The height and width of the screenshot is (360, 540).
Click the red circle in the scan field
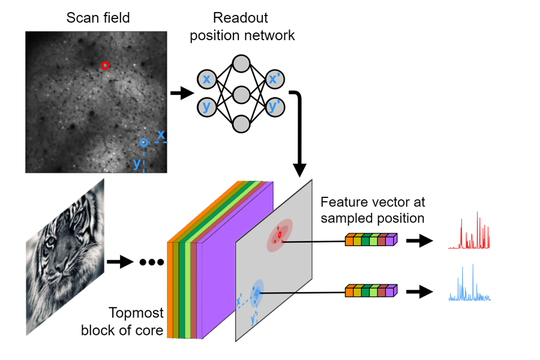coord(105,65)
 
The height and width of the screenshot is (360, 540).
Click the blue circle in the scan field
coord(143,143)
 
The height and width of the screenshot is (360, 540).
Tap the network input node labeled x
coord(206,79)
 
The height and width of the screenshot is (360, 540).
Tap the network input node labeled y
coord(206,107)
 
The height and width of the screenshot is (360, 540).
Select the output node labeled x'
coord(275,79)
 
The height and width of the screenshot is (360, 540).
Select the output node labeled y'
coord(275,107)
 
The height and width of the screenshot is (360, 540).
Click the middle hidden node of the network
coord(241,94)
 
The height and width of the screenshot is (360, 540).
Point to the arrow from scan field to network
coord(182,94)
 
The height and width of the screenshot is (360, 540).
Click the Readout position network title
coord(242,26)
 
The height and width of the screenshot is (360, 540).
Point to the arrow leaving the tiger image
coord(119,262)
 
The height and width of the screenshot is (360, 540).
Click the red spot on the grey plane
coord(279,234)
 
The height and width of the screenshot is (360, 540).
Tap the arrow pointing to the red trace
coord(419,241)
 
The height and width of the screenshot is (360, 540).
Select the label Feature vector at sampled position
coord(373,209)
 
